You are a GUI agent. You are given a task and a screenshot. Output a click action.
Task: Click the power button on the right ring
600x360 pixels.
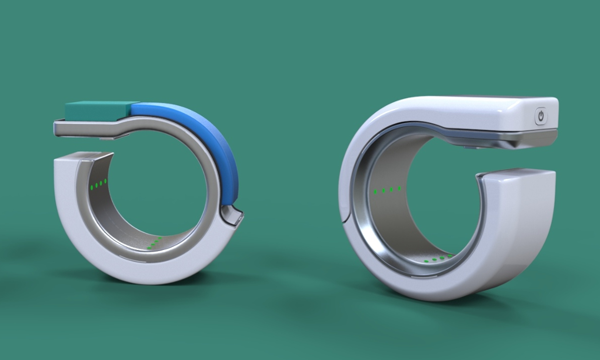pos(541,116)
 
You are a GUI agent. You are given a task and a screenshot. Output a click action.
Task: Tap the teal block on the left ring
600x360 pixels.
pos(98,109)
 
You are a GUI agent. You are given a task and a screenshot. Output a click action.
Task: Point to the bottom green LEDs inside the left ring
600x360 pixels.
pos(154,243)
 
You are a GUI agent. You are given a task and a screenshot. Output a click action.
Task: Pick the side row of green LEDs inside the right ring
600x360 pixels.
pos(387,190)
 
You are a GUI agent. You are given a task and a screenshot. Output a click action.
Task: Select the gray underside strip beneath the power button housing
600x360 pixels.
pos(529,138)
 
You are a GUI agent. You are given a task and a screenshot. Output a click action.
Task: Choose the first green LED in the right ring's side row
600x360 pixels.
pos(375,192)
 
